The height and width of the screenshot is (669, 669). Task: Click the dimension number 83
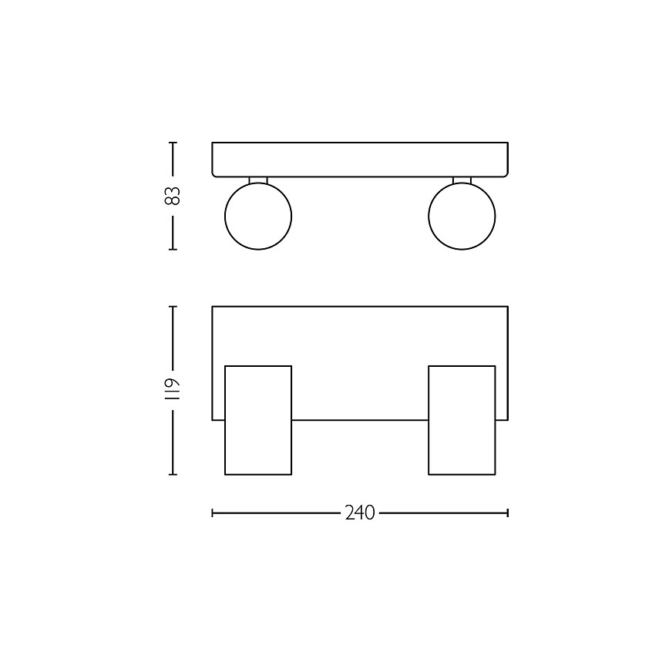coord(173,196)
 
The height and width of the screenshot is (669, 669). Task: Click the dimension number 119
coord(173,389)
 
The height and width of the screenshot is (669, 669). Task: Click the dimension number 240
coord(359,513)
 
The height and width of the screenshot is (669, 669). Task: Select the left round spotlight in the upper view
coord(257,216)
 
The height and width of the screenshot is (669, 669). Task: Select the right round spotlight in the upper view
coord(462,216)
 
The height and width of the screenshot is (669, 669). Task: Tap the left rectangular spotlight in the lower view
coord(257,420)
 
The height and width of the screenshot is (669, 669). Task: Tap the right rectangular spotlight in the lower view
coord(462,420)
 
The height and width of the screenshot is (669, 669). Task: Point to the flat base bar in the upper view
coord(359,160)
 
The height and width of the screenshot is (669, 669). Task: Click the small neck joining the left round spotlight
coord(257,180)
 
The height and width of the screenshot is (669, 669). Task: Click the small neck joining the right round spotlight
coord(462,180)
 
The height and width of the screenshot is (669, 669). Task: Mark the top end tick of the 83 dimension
coord(173,143)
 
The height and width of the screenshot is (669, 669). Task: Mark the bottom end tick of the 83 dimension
coord(173,249)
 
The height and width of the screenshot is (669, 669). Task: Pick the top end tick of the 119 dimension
coord(173,307)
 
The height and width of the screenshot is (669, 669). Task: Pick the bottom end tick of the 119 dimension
coord(173,474)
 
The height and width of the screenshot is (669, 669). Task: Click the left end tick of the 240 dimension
coord(213,513)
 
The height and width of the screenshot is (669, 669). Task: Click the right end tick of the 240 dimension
coord(507,513)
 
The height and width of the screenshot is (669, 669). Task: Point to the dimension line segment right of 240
coord(442,513)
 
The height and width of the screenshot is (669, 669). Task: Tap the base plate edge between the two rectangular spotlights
coord(359,420)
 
